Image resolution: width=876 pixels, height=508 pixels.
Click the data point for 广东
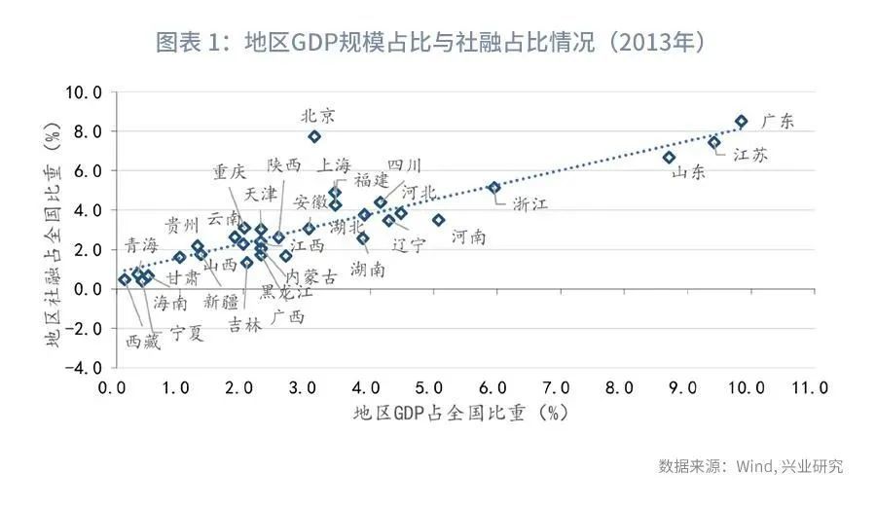pos(741,122)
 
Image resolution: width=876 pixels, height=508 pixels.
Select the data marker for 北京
pos(314,137)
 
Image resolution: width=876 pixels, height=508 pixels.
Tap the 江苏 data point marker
pos(713,143)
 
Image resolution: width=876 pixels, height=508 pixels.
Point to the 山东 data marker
pos(669,158)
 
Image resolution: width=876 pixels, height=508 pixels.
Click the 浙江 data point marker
pos(493,188)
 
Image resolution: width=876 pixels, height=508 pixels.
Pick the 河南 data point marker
pos(438,220)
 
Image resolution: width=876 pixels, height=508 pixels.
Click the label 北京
pos(318,115)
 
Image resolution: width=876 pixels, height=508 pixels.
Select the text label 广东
pos(778,122)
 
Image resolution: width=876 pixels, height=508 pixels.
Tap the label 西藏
pos(145,343)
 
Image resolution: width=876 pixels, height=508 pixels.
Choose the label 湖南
pos(367,270)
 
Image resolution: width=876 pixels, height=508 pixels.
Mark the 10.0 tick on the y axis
pos(83,92)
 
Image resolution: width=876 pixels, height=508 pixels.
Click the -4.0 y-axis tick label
pos(83,369)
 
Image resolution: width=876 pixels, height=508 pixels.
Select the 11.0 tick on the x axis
pos(810,387)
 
